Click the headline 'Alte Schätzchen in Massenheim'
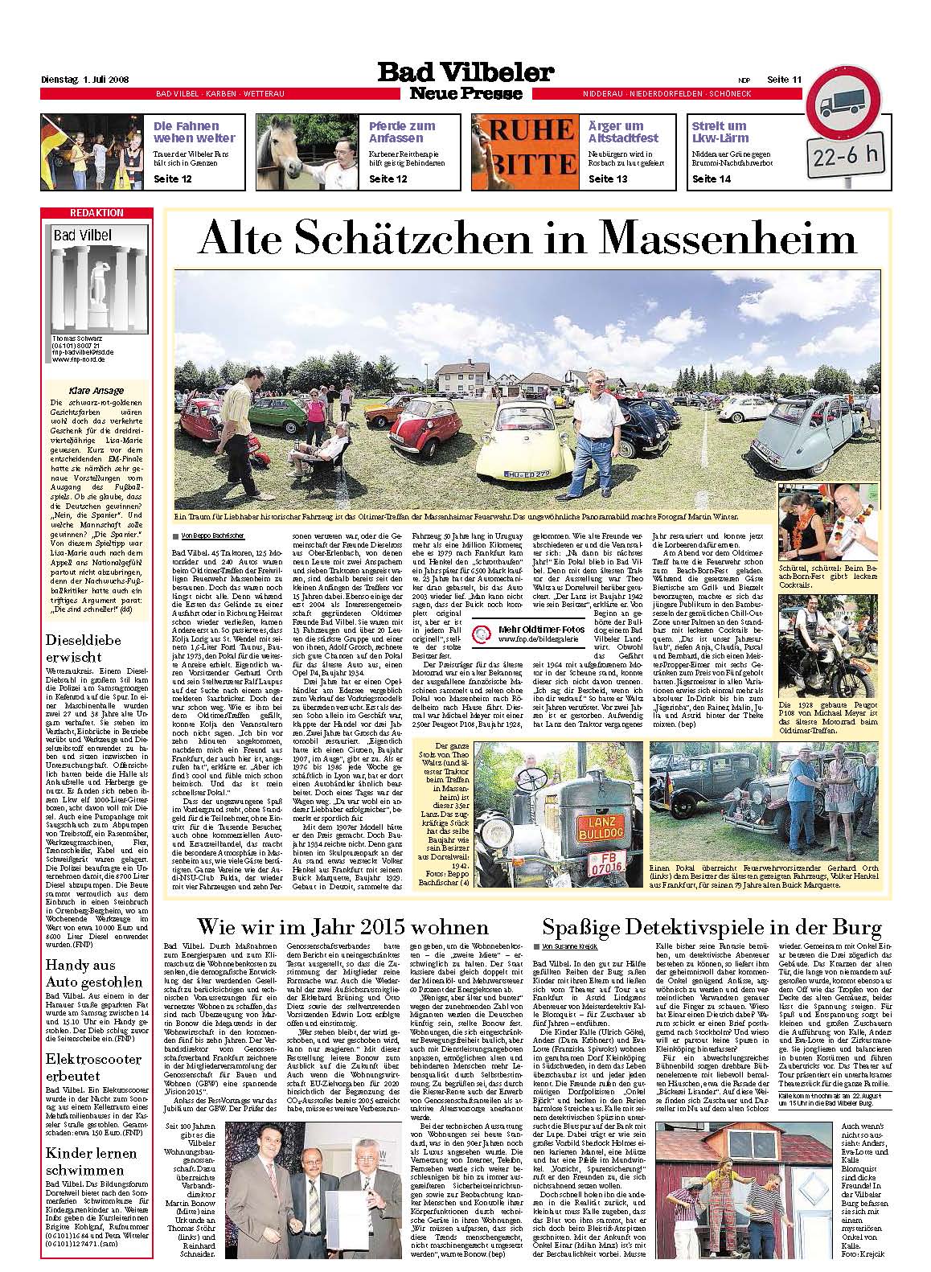coord(527,239)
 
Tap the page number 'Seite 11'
coord(784,79)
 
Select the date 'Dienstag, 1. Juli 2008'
coord(85,80)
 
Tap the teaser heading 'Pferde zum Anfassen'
coord(402,132)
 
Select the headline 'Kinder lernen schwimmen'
coord(80,1160)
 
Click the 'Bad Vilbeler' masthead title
coord(465,73)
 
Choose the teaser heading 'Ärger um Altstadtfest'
coord(622,132)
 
